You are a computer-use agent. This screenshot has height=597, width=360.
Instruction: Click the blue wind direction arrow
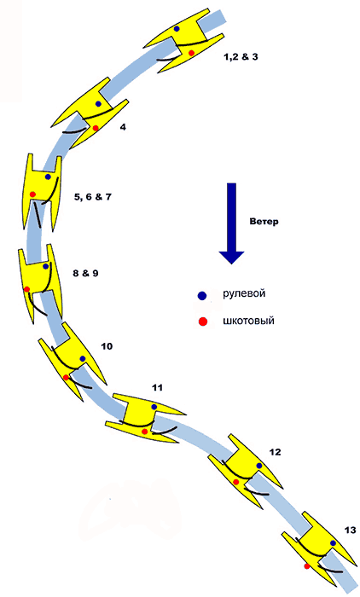pyautogui.click(x=231, y=223)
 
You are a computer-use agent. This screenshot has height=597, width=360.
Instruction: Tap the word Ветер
pyautogui.click(x=264, y=221)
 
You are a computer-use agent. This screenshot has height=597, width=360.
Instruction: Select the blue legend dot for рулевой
pyautogui.click(x=202, y=295)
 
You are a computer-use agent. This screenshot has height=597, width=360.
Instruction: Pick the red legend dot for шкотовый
pyautogui.click(x=203, y=322)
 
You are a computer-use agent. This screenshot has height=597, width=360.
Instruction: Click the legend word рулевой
pyautogui.click(x=244, y=294)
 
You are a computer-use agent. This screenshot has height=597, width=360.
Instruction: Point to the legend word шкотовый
pyautogui.click(x=248, y=321)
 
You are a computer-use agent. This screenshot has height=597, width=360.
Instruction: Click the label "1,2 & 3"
pyautogui.click(x=241, y=57)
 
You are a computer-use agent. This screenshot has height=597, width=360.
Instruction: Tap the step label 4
pyautogui.click(x=123, y=127)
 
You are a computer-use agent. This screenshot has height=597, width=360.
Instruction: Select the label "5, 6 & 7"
pyautogui.click(x=93, y=197)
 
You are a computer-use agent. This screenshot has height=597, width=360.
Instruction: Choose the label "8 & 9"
pyautogui.click(x=85, y=273)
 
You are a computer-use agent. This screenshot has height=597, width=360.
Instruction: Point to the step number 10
pyautogui.click(x=107, y=346)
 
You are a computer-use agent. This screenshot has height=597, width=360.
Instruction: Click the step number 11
pyautogui.click(x=157, y=387)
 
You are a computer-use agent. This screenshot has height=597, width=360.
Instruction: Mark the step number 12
pyautogui.click(x=275, y=452)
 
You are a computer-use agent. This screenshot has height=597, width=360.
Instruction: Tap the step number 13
pyautogui.click(x=350, y=530)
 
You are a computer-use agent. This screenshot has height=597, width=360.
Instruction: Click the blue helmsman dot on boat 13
pyautogui.click(x=334, y=543)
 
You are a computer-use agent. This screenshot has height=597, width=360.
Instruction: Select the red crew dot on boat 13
pyautogui.click(x=307, y=566)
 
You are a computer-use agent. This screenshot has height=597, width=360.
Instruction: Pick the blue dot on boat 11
pyautogui.click(x=154, y=407)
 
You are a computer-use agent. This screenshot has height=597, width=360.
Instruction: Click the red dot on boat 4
pyautogui.click(x=96, y=128)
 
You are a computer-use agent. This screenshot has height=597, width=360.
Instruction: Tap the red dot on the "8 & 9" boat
pyautogui.click(x=27, y=289)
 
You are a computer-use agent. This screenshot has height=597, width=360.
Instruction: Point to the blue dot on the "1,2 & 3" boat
pyautogui.click(x=177, y=28)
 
